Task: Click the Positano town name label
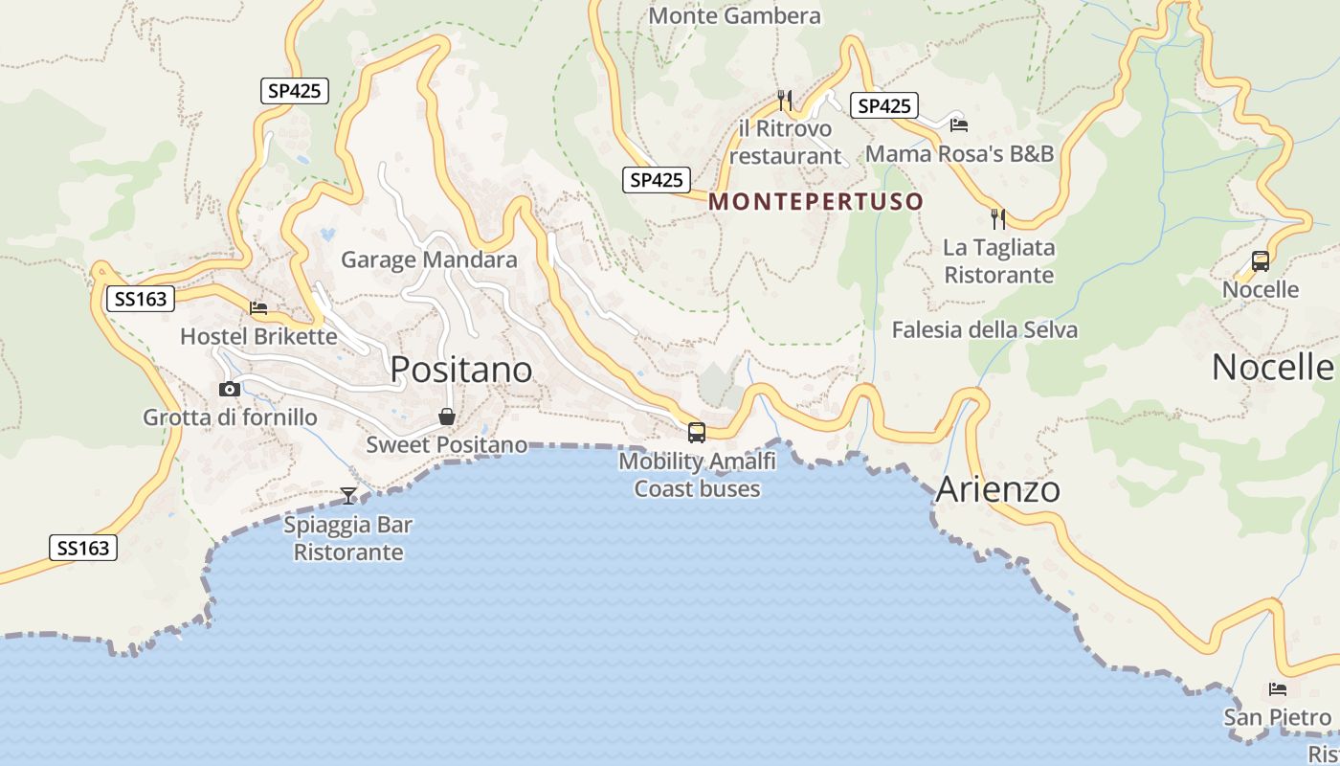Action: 461,370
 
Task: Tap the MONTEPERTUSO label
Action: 816,202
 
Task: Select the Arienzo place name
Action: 998,489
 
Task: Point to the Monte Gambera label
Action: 734,16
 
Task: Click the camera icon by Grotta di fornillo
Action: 230,389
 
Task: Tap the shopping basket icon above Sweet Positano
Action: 447,417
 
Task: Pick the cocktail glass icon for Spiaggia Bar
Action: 348,495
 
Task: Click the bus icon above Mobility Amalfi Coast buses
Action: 697,432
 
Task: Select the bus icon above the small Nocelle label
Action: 1261,260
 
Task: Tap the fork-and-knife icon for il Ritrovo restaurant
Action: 785,100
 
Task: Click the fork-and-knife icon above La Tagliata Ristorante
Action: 998,219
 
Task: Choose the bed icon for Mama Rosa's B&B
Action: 959,124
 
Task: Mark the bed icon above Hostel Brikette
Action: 258,308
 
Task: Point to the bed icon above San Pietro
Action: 1278,689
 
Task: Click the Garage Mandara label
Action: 429,259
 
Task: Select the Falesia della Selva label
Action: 985,330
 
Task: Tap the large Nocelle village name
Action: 1272,368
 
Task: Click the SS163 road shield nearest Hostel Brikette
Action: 140,299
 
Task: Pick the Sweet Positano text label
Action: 447,445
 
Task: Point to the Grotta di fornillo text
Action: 230,417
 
